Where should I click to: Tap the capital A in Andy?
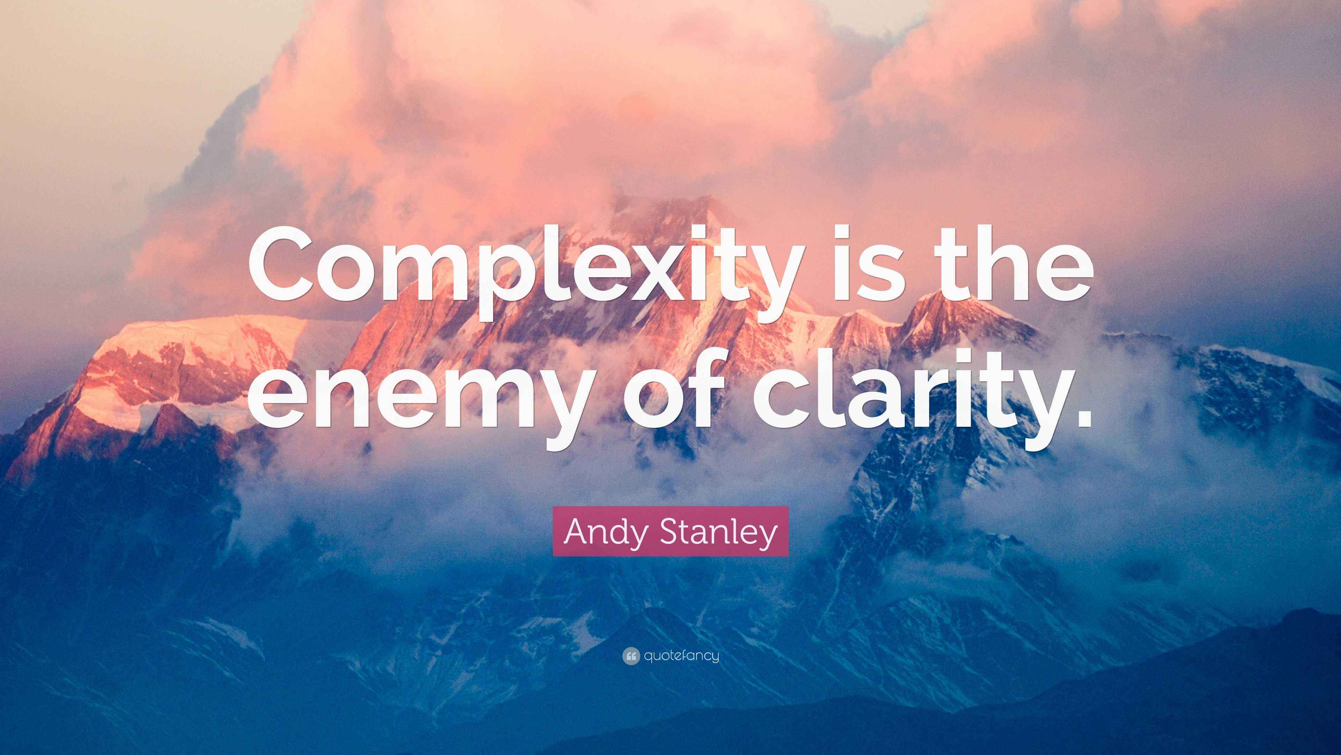pos(577,531)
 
